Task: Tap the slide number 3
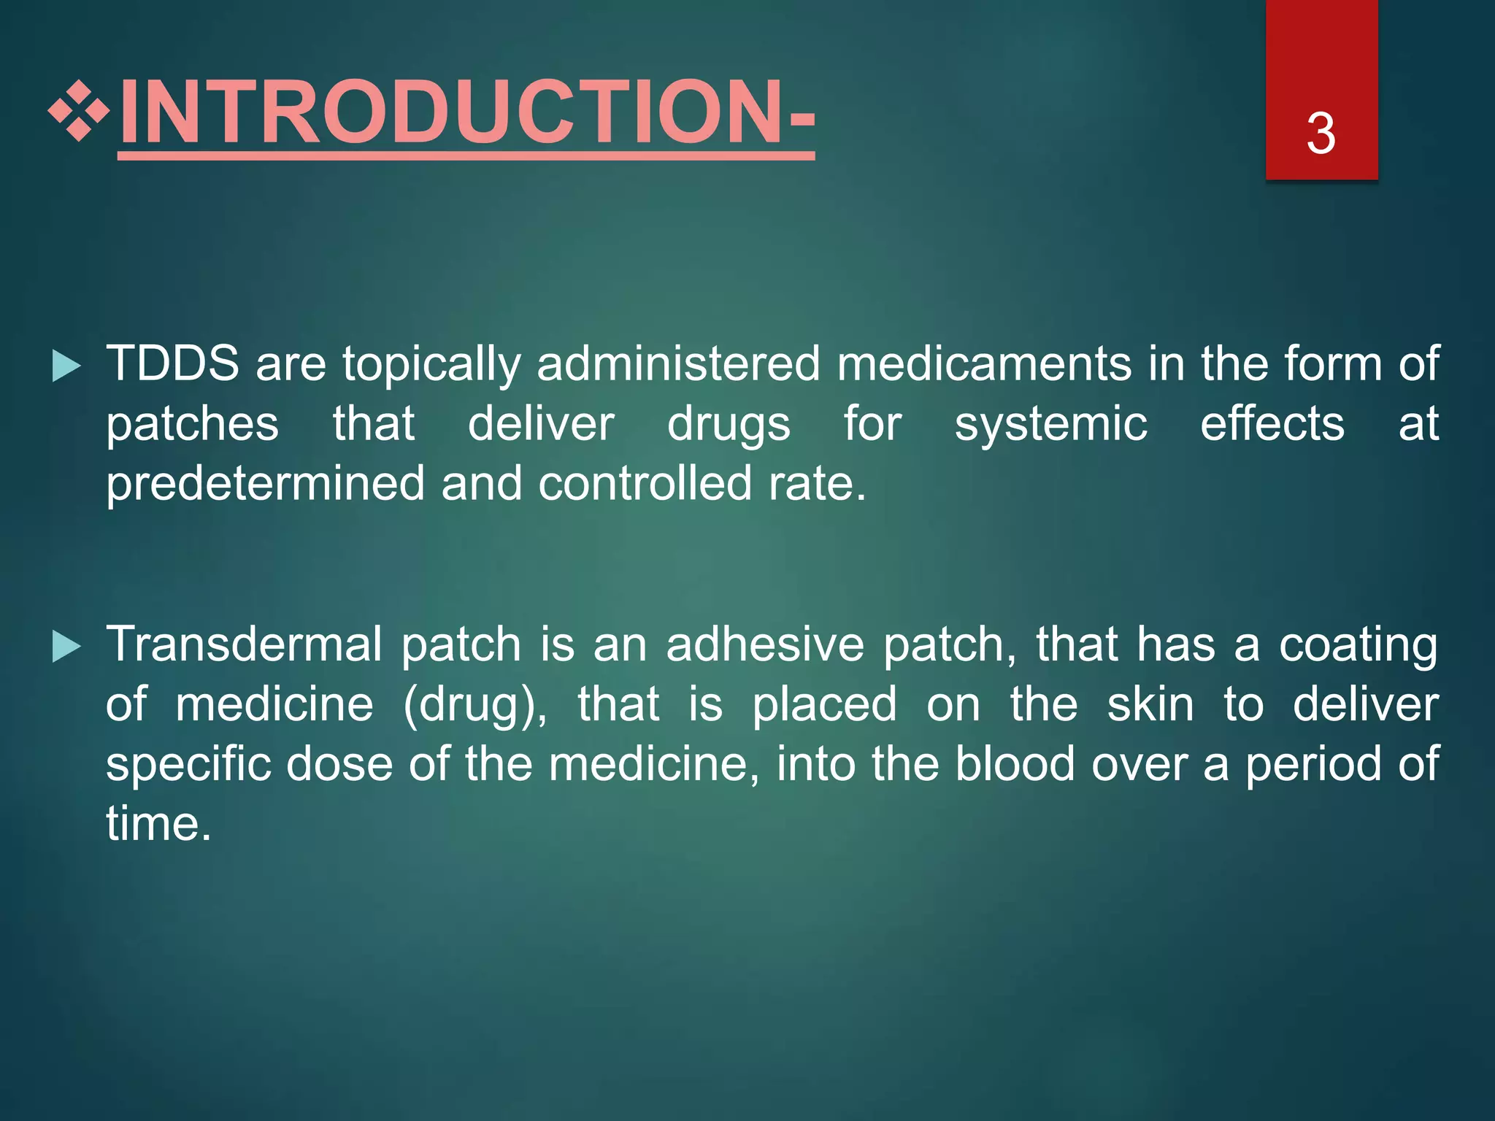1321,134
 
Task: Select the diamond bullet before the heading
79,112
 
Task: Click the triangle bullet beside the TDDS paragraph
66,366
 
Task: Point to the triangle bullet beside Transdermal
66,647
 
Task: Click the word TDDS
172,363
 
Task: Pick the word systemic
1051,424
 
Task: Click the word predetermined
265,484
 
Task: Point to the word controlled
645,482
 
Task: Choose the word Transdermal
245,644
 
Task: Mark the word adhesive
765,644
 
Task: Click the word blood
1015,764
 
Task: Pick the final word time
159,824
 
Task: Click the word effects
1272,424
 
